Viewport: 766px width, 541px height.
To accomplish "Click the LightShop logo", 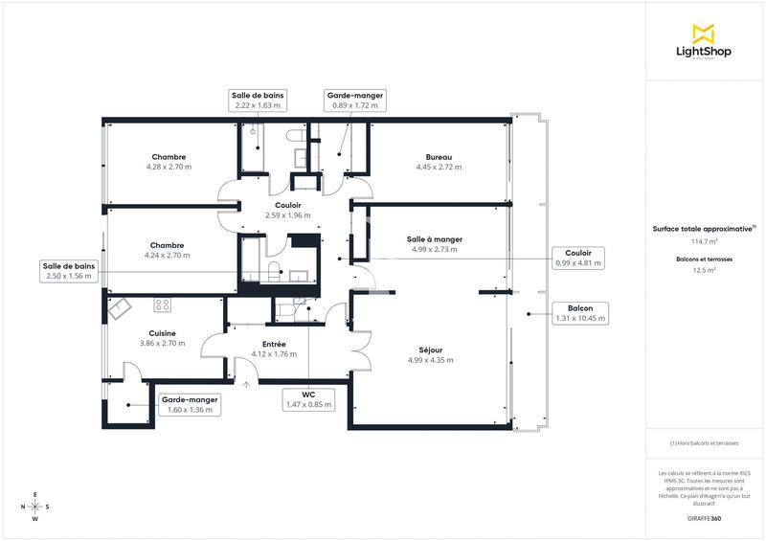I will (x=704, y=42).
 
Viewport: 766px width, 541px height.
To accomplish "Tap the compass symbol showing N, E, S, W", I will (x=35, y=507).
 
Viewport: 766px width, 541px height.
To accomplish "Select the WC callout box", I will (x=308, y=399).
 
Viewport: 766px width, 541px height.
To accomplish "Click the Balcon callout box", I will (x=580, y=313).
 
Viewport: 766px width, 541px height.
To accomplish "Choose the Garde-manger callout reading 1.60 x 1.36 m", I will (x=190, y=404).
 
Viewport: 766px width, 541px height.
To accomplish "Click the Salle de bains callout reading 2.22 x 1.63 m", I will (x=257, y=101).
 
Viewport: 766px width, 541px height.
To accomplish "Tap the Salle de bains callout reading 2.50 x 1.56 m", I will (x=67, y=271).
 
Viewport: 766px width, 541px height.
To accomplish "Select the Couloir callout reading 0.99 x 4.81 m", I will (x=578, y=257).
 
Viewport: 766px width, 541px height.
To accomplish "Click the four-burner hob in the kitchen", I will (x=163, y=305).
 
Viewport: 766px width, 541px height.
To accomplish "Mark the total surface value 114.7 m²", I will (x=704, y=241).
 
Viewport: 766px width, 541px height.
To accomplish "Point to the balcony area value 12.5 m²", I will (x=704, y=271).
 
